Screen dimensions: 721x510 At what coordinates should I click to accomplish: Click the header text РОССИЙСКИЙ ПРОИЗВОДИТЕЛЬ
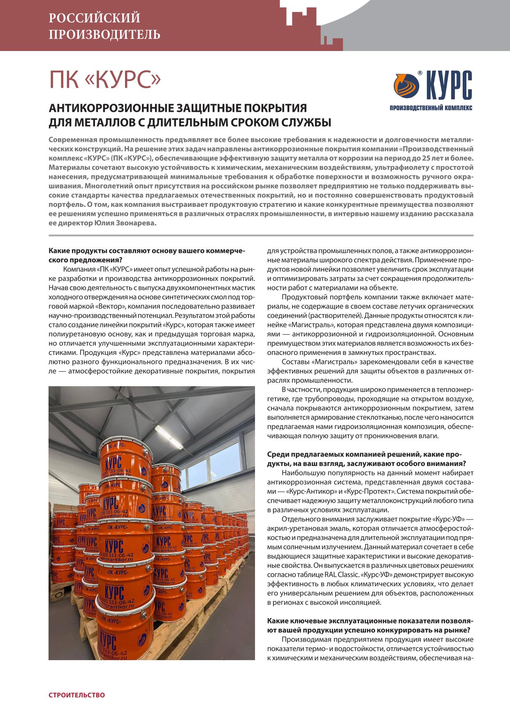(x=104, y=26)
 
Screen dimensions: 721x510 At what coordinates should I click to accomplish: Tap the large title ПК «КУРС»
(x=104, y=80)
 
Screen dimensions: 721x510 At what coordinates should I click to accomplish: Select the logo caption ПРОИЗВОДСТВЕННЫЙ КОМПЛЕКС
(x=431, y=108)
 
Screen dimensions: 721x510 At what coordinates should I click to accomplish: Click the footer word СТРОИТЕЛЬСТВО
(x=76, y=695)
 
